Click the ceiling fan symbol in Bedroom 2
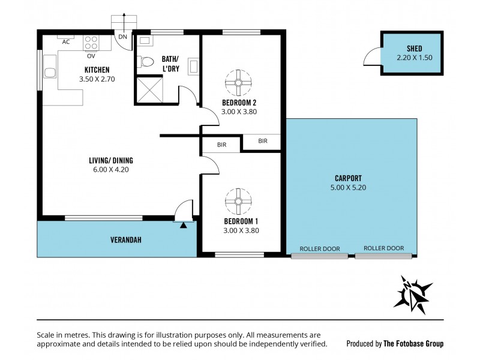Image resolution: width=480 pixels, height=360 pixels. click(238, 82)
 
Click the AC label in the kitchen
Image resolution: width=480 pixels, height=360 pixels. click(66, 42)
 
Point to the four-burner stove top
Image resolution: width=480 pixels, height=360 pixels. click(91, 43)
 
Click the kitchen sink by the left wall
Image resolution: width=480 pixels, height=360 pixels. click(50, 73)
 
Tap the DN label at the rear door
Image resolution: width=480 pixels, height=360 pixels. click(122, 37)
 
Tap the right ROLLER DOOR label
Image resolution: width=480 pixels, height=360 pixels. click(384, 248)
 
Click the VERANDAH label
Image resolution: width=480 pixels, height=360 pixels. click(125, 240)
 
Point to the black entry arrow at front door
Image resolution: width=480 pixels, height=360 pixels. click(184, 226)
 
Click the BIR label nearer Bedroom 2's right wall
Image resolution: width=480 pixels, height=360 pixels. click(263, 142)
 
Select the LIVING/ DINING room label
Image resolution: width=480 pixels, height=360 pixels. click(110, 160)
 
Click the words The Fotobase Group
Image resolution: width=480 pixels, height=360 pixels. click(413, 344)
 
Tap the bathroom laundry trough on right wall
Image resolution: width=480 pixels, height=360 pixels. click(194, 65)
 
